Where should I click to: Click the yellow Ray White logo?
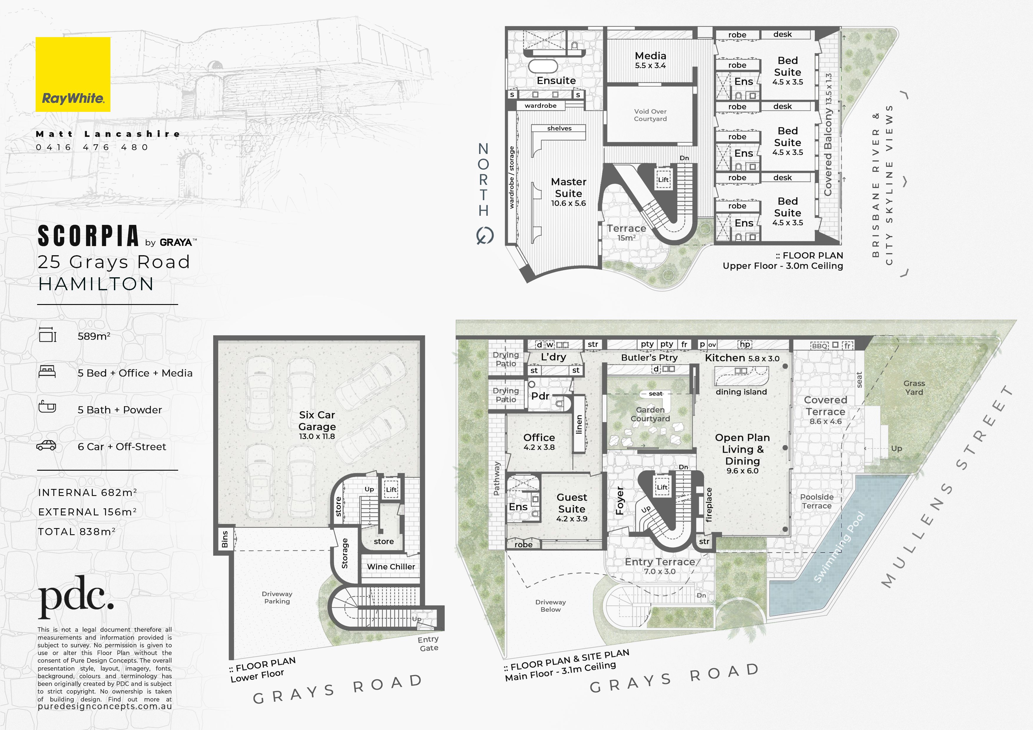pyautogui.click(x=73, y=74)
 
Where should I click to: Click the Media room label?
pyautogui.click(x=650, y=60)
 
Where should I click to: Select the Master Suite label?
pyautogui.click(x=569, y=192)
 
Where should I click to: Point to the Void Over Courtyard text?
pyautogui.click(x=650, y=115)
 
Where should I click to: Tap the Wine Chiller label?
pyautogui.click(x=391, y=567)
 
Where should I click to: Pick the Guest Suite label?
pyautogui.click(x=572, y=507)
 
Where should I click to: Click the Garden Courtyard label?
pyautogui.click(x=650, y=414)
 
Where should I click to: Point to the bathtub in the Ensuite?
pyautogui.click(x=543, y=66)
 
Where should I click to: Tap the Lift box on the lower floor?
pyautogui.click(x=391, y=490)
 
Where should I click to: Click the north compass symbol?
pyautogui.click(x=485, y=235)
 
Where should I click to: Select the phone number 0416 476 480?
pyautogui.click(x=92, y=147)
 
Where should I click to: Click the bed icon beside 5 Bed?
pyautogui.click(x=47, y=371)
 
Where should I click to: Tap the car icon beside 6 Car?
pyautogui.click(x=46, y=445)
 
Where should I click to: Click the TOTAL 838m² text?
pyautogui.click(x=77, y=531)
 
